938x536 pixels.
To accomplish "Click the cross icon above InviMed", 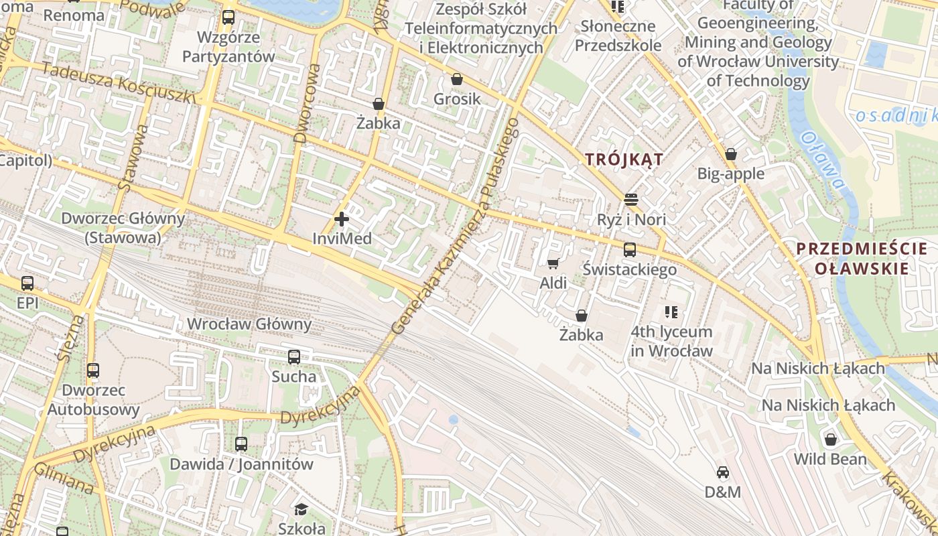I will [x=342, y=218].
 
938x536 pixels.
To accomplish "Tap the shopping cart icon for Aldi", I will [x=553, y=263].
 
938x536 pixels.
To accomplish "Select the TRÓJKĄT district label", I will [x=624, y=159].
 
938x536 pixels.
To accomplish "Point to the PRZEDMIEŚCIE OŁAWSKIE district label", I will [x=862, y=259].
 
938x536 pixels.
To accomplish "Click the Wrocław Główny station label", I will [x=249, y=324].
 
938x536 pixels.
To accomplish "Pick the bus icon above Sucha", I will [x=293, y=357].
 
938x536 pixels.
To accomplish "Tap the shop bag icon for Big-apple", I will [x=730, y=154].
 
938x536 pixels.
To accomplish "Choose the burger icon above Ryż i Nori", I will [x=630, y=200].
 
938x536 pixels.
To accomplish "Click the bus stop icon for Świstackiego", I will [x=629, y=250].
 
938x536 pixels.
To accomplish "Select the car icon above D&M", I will [x=722, y=473].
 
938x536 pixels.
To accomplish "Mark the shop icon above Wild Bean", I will [x=830, y=440].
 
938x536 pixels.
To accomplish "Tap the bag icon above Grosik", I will [x=457, y=80].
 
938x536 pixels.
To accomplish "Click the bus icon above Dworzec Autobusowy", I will [x=93, y=371].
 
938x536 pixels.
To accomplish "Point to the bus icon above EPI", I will [x=27, y=283].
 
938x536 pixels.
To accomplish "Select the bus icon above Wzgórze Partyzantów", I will [x=228, y=17].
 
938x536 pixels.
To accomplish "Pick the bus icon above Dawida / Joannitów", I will [x=241, y=444].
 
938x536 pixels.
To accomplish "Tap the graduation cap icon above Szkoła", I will [x=301, y=509].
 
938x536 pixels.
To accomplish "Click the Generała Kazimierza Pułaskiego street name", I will [x=456, y=226].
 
